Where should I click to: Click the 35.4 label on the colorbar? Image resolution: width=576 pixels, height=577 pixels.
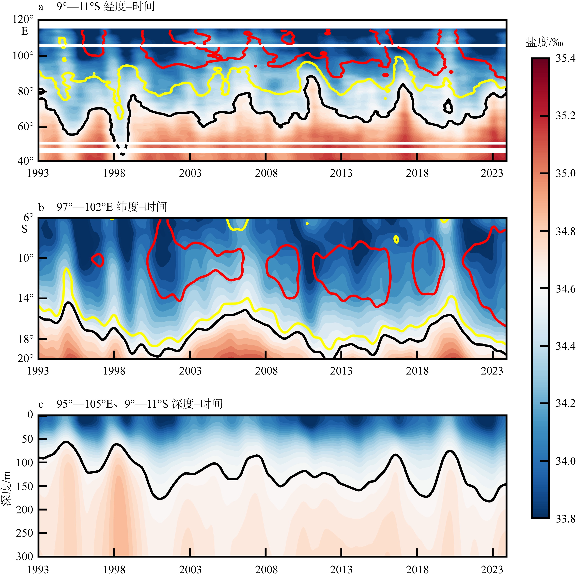pos(565,58)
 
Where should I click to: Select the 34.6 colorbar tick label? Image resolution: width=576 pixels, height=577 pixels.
pos(565,289)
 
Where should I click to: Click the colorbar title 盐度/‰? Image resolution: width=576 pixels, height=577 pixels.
pos(544,42)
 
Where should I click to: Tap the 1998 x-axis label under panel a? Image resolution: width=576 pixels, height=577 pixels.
pos(114,173)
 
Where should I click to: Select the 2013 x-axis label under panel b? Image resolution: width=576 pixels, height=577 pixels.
pos(341,371)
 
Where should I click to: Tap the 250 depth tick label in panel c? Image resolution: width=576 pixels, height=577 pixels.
pos(24,533)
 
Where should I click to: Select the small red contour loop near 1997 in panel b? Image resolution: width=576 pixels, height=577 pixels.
pos(98,260)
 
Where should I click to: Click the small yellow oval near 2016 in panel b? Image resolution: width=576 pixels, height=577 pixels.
pos(396,239)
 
